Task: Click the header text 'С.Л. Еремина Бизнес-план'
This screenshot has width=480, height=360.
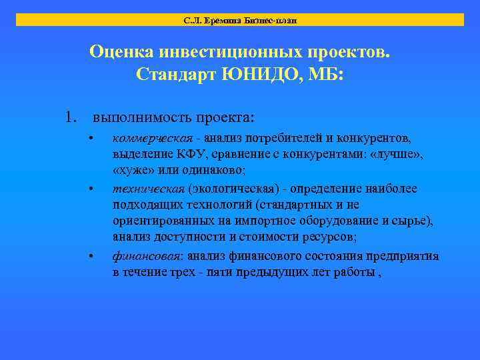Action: (x=240, y=20)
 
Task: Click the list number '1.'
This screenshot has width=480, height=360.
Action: (x=73, y=117)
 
